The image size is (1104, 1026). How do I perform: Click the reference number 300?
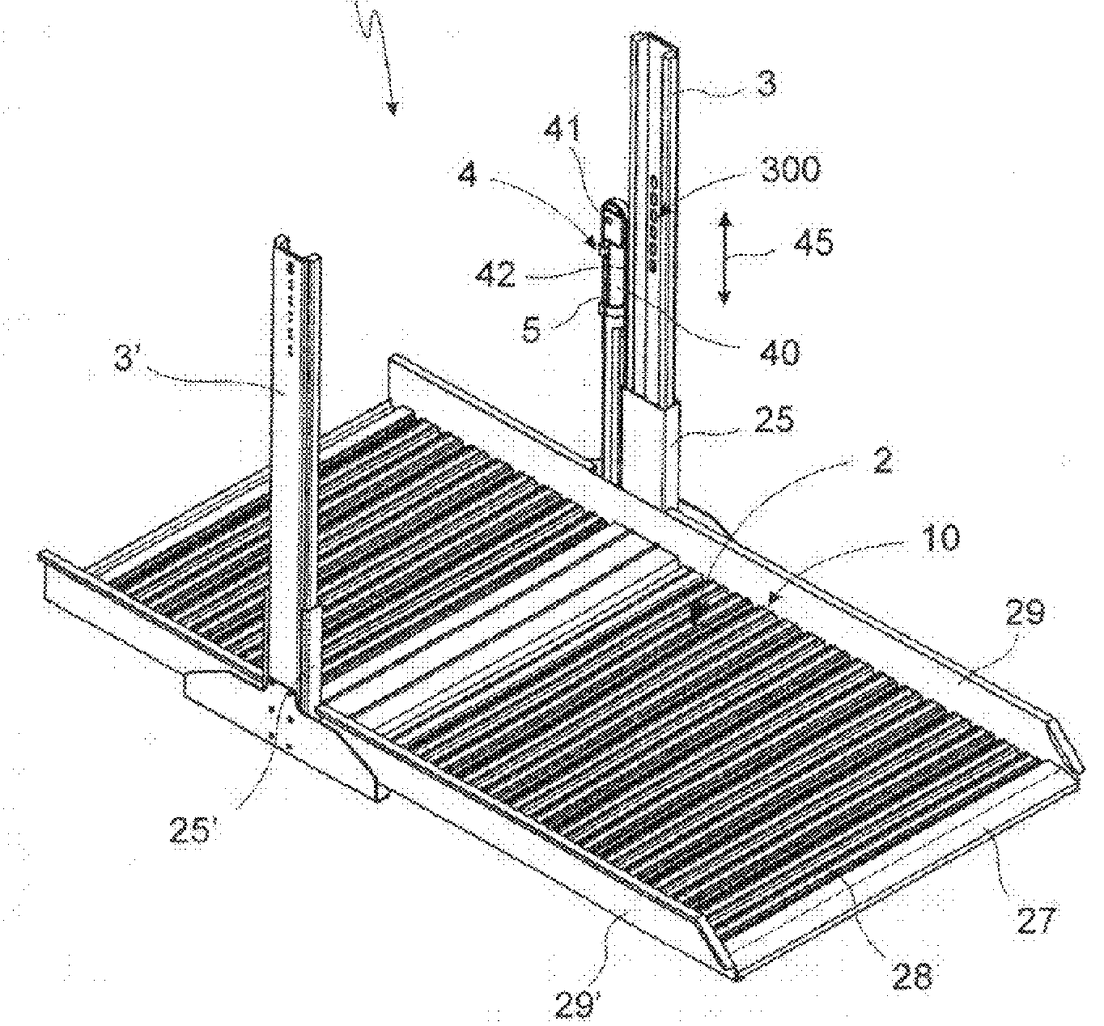[x=789, y=170]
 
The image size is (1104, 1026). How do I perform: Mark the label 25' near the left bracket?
[x=192, y=832]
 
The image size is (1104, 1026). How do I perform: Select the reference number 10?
[x=939, y=537]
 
